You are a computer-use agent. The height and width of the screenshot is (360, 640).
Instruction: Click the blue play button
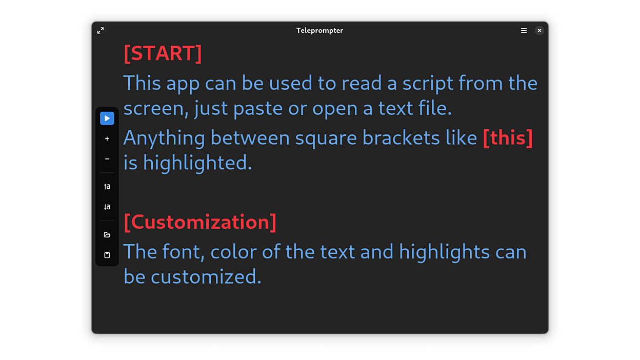(x=107, y=118)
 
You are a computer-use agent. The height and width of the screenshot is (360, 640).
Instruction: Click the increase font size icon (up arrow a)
(x=107, y=187)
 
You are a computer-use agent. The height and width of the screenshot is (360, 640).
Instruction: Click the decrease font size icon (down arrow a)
(x=107, y=207)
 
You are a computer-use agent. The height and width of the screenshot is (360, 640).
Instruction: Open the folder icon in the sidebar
(x=107, y=235)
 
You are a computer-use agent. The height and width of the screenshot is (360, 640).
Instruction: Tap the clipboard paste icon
(x=107, y=255)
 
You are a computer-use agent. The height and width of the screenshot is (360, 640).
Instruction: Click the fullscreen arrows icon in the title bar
(x=101, y=31)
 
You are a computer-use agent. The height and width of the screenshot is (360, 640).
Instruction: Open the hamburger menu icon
(x=524, y=31)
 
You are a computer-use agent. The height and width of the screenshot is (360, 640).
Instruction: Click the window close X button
(x=539, y=31)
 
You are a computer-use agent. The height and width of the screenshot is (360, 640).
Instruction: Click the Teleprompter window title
(x=319, y=31)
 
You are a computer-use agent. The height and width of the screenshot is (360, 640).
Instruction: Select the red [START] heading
(x=163, y=53)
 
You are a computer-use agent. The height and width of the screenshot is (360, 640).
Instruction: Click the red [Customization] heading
(x=200, y=222)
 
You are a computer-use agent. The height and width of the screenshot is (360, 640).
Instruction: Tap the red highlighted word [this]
(x=508, y=138)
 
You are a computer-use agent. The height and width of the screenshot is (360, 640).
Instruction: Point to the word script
(x=428, y=84)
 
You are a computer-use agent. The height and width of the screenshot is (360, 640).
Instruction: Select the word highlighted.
(x=197, y=163)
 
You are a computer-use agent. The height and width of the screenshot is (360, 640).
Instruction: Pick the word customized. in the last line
(x=206, y=277)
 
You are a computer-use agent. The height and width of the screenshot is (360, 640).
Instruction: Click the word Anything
(x=164, y=138)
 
